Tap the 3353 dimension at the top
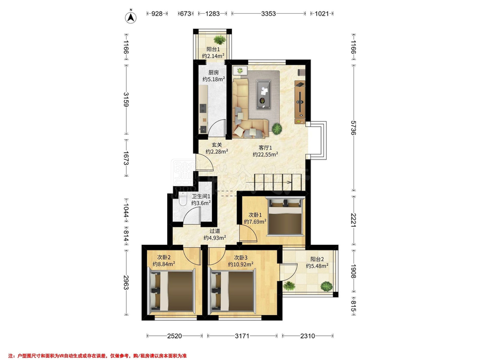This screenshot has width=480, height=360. (x=269, y=13)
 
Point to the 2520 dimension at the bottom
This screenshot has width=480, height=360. (x=174, y=336)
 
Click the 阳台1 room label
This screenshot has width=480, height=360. (x=213, y=49)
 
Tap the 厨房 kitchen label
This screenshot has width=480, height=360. (x=214, y=73)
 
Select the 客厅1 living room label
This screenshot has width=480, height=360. (x=265, y=147)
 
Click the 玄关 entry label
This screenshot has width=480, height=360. (x=216, y=145)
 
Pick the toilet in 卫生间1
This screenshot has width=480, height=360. (x=183, y=199)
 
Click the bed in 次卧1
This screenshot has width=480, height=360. (x=285, y=217)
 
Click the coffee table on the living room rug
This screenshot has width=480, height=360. (x=264, y=94)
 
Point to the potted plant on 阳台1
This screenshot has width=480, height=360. (x=219, y=39)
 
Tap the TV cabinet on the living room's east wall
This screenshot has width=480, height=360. (x=300, y=99)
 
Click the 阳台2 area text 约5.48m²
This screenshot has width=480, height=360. (x=317, y=266)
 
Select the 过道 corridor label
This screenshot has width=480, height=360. (x=215, y=232)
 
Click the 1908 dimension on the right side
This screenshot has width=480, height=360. (x=353, y=271)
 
